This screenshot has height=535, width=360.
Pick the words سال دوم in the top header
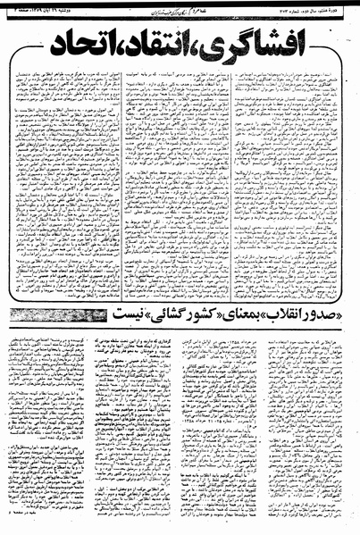(306, 6)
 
